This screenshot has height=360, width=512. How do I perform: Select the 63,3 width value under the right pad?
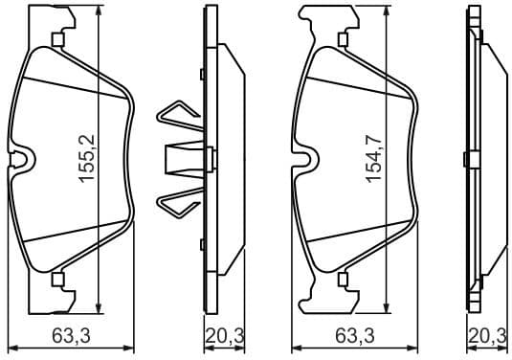(353, 336)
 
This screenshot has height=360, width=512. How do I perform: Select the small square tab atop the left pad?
(56, 39)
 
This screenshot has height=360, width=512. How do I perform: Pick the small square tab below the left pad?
(56, 280)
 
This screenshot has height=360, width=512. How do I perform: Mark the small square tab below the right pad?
(343, 280)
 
